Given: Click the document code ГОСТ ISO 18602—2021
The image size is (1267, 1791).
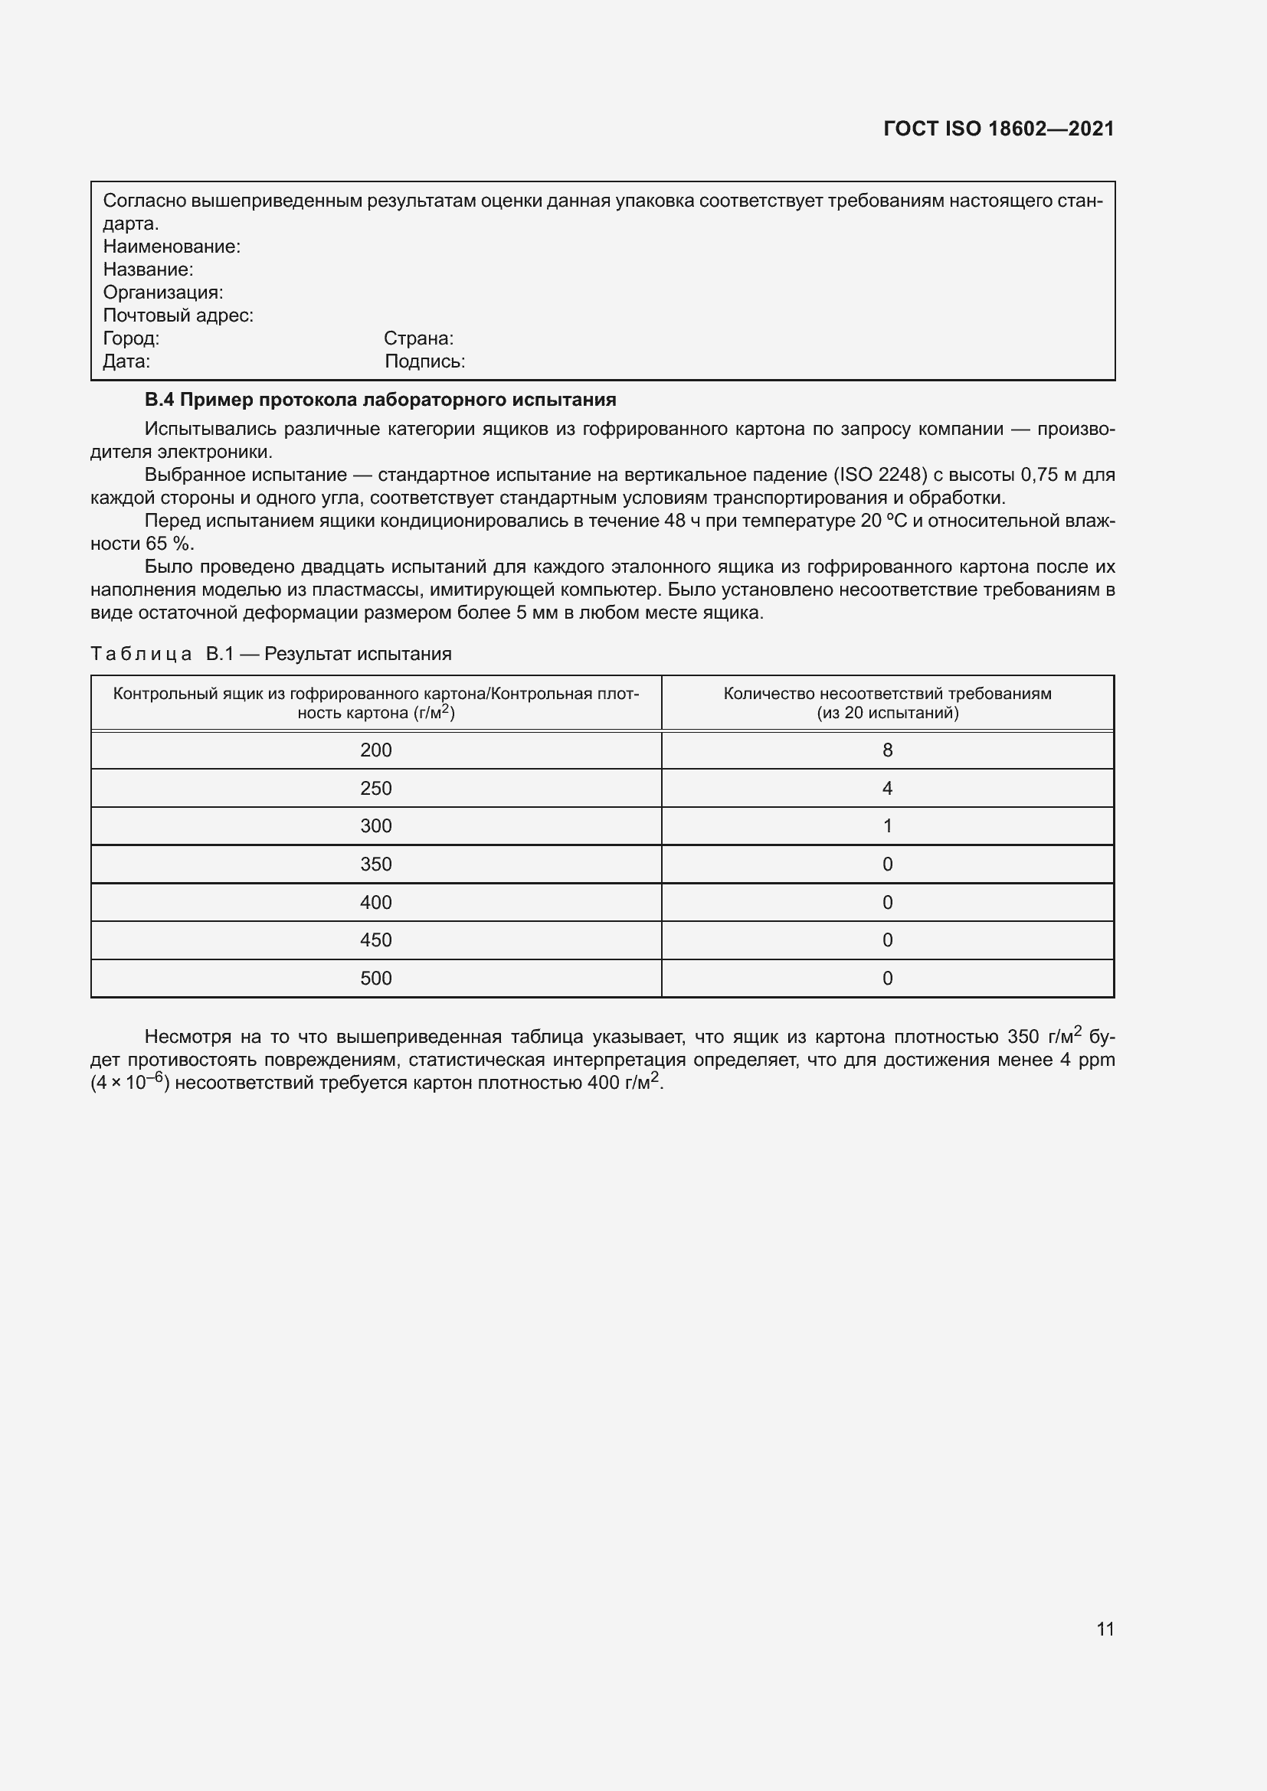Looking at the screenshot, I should click(998, 129).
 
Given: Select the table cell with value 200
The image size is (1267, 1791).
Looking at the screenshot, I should click(376, 750).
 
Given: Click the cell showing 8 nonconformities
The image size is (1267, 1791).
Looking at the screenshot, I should click(887, 750).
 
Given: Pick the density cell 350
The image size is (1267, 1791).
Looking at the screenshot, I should click(376, 864).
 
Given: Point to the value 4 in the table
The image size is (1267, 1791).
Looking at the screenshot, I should click(887, 789).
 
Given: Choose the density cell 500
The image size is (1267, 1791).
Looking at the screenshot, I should click(376, 978).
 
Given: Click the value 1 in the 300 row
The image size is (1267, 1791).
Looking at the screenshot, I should click(887, 826).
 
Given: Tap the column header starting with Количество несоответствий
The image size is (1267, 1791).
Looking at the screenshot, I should click(887, 703).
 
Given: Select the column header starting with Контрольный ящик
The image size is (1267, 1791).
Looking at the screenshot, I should click(376, 703).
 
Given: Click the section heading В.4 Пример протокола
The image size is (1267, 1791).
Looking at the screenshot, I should click(380, 400).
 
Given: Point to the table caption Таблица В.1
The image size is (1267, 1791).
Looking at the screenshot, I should click(270, 654).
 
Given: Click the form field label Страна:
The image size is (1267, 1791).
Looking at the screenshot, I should click(418, 338).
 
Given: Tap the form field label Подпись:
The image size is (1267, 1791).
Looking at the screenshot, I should click(424, 361).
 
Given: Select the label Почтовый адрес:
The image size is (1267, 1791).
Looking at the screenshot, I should click(178, 315).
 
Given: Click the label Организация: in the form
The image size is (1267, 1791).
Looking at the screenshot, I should click(163, 293).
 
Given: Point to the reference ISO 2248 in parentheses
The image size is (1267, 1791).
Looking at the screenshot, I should click(880, 475).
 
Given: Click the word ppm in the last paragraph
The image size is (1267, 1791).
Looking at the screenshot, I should click(1096, 1060).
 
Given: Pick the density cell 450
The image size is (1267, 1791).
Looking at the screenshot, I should click(376, 940).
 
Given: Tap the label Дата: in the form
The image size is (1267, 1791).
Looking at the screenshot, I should click(126, 361).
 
